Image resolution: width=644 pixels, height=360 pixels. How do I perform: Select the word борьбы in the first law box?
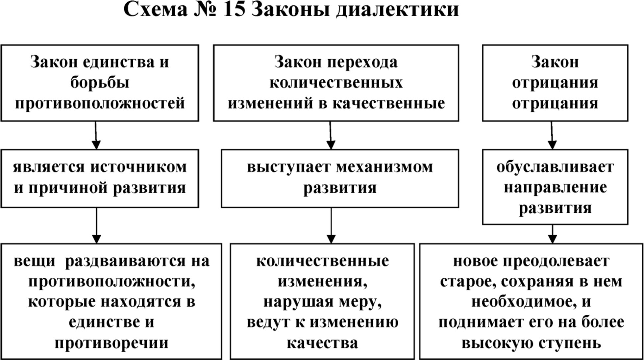[x=99, y=83]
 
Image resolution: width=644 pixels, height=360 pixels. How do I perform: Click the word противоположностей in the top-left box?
[x=100, y=103]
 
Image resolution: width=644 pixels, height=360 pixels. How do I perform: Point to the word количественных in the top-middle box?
[x=336, y=83]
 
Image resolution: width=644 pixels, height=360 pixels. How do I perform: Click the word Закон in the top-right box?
[x=555, y=62]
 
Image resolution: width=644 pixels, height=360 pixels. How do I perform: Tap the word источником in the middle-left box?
[x=138, y=167]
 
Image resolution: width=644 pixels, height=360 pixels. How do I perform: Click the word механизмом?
[x=384, y=167]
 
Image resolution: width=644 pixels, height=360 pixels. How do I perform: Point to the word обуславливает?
[x=555, y=167]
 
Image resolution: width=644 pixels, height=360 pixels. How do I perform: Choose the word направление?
[x=555, y=188]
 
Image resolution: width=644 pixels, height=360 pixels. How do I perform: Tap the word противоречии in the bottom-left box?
[x=111, y=343]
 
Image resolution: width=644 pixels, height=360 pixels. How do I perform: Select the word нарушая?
[x=290, y=302]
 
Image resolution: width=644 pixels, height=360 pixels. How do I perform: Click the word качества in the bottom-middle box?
[x=322, y=343]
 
